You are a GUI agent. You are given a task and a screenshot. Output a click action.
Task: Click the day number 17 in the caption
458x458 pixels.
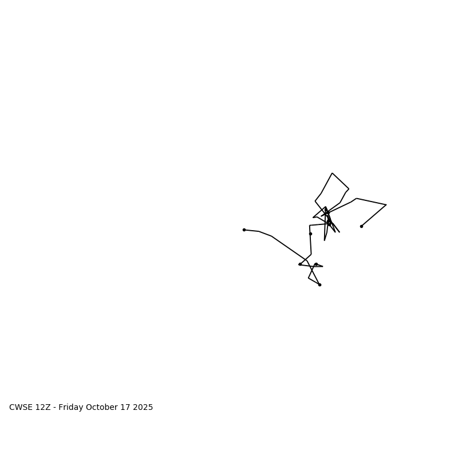[x=127, y=408]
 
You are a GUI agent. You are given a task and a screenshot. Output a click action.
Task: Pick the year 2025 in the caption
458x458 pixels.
[x=143, y=408]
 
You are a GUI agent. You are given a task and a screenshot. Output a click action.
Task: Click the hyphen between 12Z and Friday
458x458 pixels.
[x=54, y=408]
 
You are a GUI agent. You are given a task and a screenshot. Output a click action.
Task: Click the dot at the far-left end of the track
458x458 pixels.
[x=244, y=230]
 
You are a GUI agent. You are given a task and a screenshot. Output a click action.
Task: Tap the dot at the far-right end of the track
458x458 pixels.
[x=361, y=226]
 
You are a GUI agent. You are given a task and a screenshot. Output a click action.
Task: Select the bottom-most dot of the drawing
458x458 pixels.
[x=319, y=285]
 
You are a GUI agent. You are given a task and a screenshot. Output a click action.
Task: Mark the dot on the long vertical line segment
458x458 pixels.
[x=310, y=234]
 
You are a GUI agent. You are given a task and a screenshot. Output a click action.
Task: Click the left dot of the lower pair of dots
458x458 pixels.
[x=300, y=264]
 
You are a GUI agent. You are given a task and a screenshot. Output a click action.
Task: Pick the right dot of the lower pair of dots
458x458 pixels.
[x=316, y=264]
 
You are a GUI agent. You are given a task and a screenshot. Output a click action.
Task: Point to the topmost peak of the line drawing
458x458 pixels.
[x=332, y=173]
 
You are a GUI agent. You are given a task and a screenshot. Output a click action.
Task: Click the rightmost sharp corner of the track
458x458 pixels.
[x=386, y=205]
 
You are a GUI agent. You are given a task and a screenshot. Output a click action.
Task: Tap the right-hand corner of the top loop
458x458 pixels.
[x=349, y=189]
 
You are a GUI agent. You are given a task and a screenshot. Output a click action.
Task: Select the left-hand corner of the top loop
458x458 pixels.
[x=315, y=200]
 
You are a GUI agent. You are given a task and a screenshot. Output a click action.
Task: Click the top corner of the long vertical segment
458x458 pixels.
[x=310, y=226]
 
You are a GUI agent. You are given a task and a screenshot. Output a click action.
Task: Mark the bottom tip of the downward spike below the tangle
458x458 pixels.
[x=325, y=240]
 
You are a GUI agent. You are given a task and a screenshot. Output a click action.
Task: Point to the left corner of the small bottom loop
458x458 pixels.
[x=309, y=278]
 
